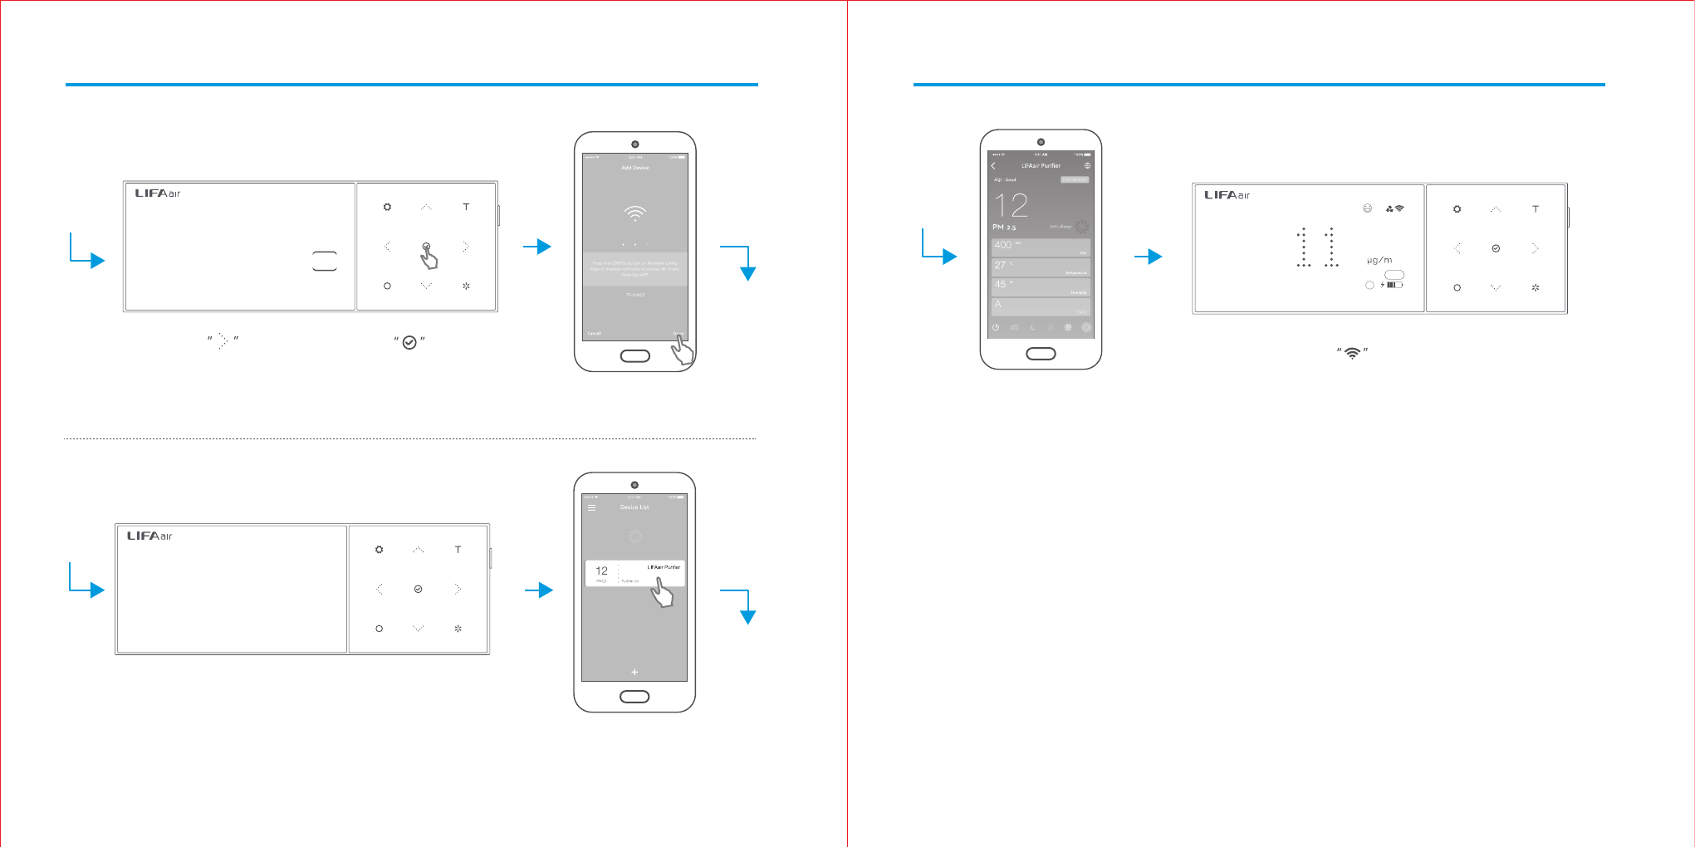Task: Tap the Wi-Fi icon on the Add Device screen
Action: click(x=635, y=213)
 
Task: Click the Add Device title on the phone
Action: click(x=635, y=168)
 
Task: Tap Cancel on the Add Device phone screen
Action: click(x=594, y=333)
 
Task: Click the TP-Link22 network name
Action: click(x=635, y=295)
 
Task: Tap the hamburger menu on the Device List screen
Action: click(x=592, y=507)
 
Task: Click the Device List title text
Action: click(x=634, y=507)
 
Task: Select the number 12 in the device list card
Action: click(x=602, y=571)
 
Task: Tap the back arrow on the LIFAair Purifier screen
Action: click(x=993, y=166)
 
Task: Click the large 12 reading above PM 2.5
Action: click(x=1012, y=205)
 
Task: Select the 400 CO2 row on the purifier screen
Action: click(x=1041, y=247)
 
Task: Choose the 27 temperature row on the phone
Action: click(x=1041, y=267)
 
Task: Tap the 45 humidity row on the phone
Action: click(x=1041, y=286)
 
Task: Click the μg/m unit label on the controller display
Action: click(x=1379, y=260)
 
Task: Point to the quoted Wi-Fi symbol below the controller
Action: click(x=1353, y=353)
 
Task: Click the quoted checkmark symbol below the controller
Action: click(x=409, y=342)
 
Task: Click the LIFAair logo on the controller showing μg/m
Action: click(x=1227, y=195)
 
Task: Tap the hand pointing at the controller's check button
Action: click(x=429, y=259)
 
